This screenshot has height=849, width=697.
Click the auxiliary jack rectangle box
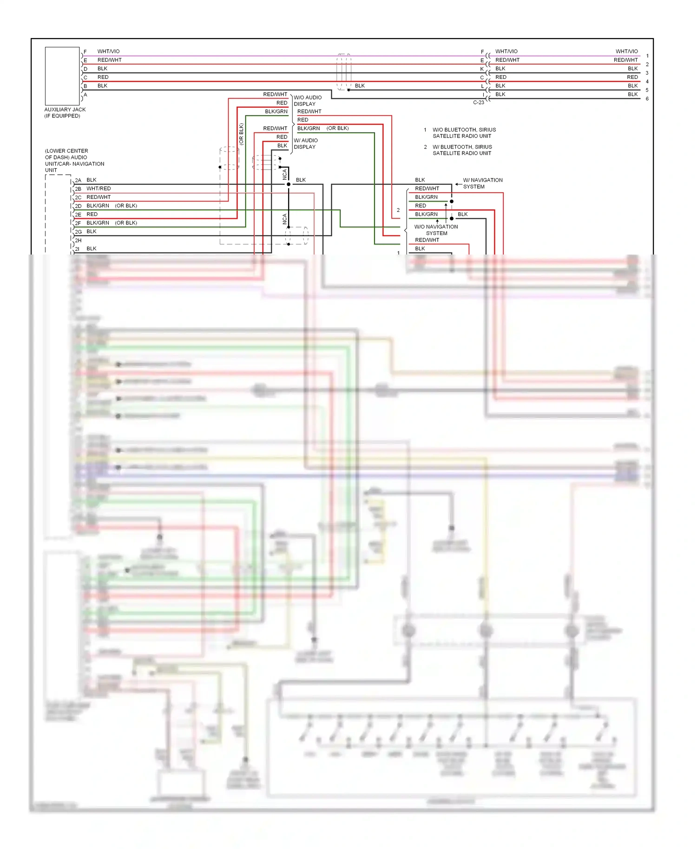point(62,76)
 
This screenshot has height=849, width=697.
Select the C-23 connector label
point(478,102)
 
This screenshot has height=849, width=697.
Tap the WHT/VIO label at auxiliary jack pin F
point(108,52)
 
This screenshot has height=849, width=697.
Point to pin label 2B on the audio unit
point(78,189)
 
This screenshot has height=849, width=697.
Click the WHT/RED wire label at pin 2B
point(99,189)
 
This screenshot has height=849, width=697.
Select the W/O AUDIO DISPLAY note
point(308,101)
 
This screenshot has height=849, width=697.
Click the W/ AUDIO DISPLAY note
point(306,144)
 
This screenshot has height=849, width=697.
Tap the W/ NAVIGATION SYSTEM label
point(482,183)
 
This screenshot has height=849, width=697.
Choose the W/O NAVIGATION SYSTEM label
point(436,230)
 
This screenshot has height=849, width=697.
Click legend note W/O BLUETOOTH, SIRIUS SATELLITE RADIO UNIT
point(464,133)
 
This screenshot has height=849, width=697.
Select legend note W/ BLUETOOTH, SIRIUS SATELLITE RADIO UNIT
point(462,150)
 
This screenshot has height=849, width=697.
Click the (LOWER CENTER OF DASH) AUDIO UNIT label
point(74,160)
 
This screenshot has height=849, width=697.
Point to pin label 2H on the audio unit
point(78,241)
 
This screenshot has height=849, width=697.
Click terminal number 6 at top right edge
point(647,99)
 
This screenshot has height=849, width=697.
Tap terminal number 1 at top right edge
point(647,56)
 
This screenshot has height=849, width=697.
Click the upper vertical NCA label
point(285,175)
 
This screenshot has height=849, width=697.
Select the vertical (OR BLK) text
point(241,134)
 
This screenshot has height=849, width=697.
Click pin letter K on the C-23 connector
point(482,69)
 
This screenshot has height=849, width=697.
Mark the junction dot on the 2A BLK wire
point(289,184)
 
